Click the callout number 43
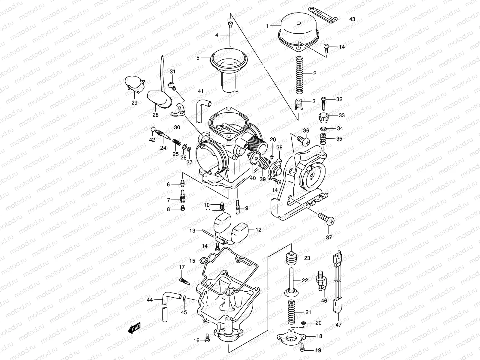[352, 19]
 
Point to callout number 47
[338, 325]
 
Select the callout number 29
[134, 103]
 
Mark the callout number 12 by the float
[258, 230]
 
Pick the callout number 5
[198, 58]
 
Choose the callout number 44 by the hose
[150, 299]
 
